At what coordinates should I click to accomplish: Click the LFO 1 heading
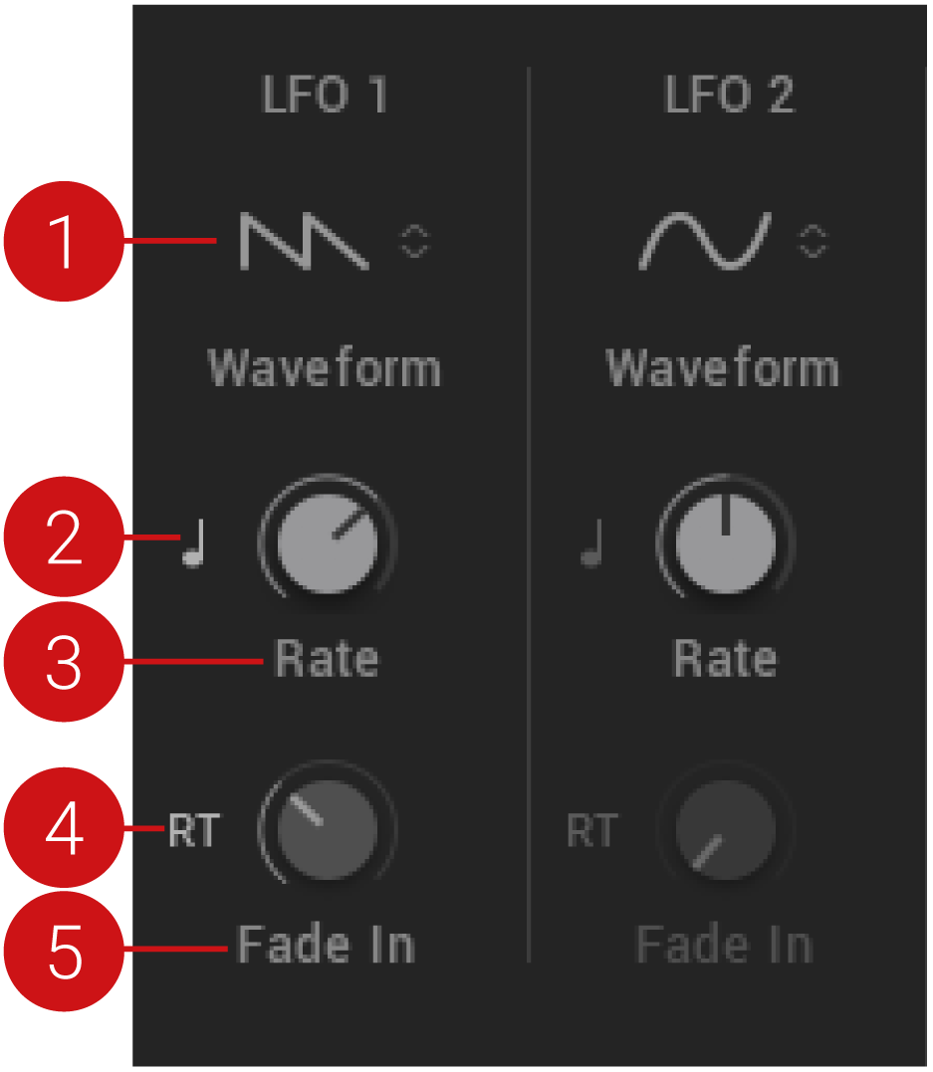[325, 94]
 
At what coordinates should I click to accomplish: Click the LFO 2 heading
[729, 94]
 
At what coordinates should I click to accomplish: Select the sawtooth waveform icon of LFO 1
[304, 241]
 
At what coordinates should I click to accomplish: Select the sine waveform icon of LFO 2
[705, 241]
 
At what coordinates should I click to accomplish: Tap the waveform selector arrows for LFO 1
[414, 241]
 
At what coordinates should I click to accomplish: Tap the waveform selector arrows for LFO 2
[813, 241]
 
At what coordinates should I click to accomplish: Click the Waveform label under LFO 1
[325, 368]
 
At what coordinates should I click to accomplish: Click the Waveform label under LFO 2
[723, 368]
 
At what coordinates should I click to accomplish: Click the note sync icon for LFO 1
[194, 542]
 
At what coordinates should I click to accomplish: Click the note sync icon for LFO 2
[592, 542]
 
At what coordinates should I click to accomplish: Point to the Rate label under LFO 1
[327, 658]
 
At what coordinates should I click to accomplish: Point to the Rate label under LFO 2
[725, 658]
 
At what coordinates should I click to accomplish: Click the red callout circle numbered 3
[65, 661]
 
